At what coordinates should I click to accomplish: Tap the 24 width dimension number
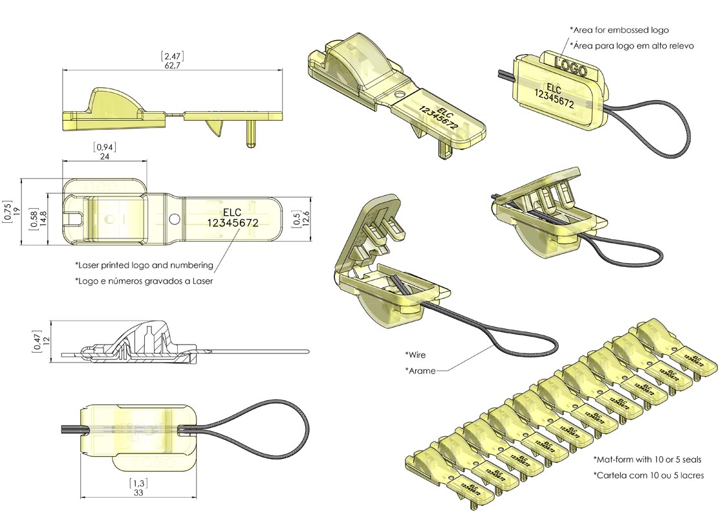pos(103,156)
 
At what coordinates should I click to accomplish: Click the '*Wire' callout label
pos(415,355)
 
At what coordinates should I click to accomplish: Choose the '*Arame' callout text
pos(420,370)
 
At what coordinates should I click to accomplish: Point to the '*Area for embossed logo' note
pos(619,30)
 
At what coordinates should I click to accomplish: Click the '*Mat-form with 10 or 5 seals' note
pos(647,459)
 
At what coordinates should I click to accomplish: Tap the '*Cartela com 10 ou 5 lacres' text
pos(648,475)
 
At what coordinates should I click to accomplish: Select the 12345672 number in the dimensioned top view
pos(233,222)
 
